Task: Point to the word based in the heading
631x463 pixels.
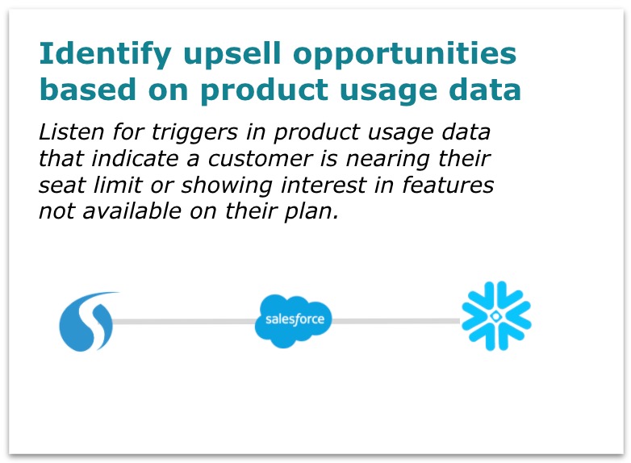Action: click(88, 90)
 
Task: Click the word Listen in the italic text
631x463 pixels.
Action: click(71, 131)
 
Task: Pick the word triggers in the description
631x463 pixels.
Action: click(194, 133)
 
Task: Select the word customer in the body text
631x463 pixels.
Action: click(260, 158)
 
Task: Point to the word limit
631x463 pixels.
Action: click(118, 185)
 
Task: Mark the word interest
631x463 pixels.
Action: click(324, 185)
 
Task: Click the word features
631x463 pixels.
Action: click(448, 185)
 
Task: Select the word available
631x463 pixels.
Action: click(132, 211)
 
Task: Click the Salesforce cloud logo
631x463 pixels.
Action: click(294, 320)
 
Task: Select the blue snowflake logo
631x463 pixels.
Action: click(496, 316)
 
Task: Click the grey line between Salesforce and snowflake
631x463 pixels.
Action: click(396, 321)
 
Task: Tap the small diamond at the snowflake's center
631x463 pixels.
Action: click(496, 316)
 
